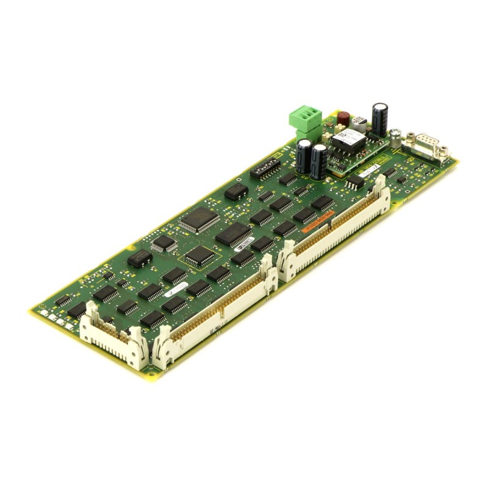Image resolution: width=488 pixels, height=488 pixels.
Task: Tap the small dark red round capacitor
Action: [x=343, y=117]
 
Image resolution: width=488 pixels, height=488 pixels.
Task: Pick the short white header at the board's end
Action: [x=113, y=332]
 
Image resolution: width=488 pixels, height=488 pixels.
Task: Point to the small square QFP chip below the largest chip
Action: [x=163, y=243]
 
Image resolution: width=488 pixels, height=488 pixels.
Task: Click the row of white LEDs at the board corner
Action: [x=54, y=318]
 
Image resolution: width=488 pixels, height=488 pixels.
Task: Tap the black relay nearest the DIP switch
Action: [x=235, y=192]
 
